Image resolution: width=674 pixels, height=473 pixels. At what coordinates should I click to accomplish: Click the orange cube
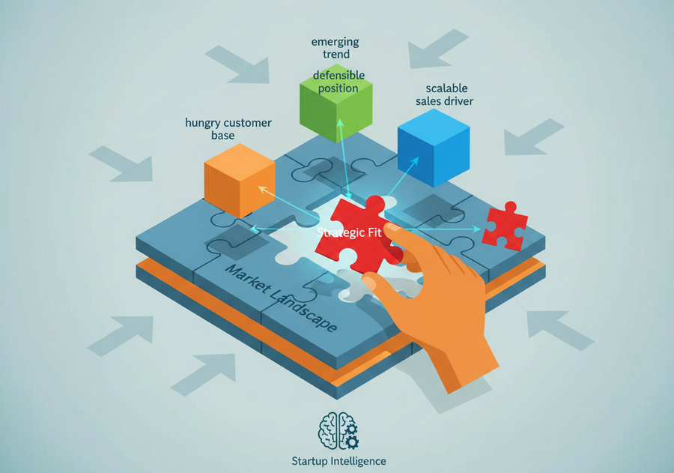click(x=240, y=181)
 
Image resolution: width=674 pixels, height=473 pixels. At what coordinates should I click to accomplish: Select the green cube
click(x=336, y=103)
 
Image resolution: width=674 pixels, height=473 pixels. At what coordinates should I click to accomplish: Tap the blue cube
click(x=434, y=148)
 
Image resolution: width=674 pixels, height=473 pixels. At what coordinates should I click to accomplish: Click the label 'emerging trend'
click(x=336, y=48)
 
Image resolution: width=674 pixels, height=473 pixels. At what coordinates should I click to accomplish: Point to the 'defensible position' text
click(x=338, y=82)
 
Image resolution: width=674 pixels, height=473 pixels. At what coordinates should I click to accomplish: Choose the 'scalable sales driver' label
click(x=444, y=94)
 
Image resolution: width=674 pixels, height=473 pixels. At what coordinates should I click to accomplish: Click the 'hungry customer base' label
click(x=228, y=129)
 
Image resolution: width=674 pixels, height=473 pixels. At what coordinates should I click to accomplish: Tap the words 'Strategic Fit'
click(x=349, y=233)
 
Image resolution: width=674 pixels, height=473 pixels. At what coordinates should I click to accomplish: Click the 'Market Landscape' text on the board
click(x=281, y=298)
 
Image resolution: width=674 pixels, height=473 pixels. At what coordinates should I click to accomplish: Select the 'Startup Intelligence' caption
click(x=338, y=461)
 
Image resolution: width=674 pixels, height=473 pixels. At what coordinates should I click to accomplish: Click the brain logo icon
click(x=338, y=431)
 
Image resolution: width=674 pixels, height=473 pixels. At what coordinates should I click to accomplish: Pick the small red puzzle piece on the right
click(x=505, y=226)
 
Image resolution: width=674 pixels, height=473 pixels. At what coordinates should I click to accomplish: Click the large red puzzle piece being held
click(x=359, y=235)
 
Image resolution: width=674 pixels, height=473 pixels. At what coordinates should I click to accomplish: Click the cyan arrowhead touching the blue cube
click(x=414, y=161)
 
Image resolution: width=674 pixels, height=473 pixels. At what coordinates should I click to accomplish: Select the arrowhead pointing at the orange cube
click(x=262, y=189)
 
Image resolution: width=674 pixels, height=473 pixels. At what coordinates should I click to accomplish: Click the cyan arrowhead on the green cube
click(x=340, y=123)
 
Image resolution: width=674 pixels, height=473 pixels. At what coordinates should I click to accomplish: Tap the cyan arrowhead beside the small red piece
click(x=476, y=229)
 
